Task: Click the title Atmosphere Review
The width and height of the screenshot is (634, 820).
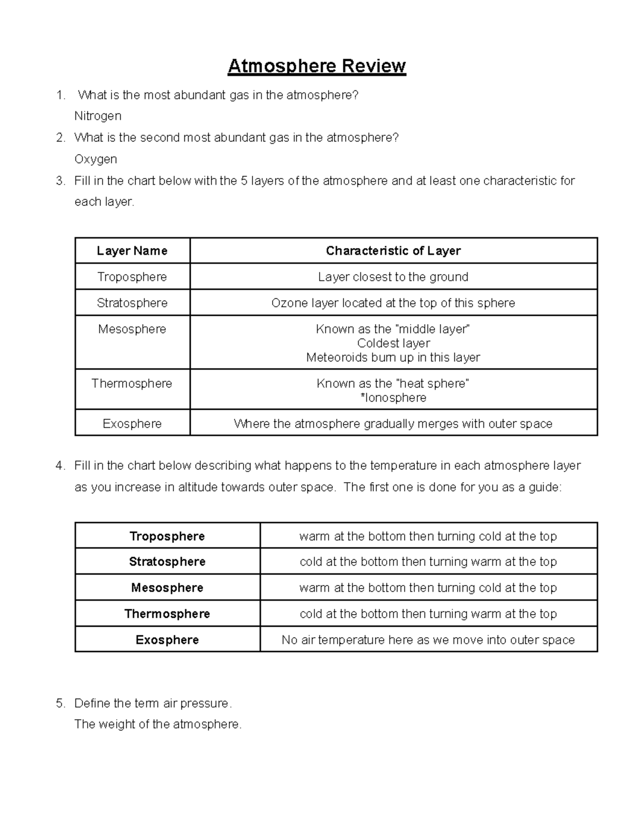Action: click(316, 66)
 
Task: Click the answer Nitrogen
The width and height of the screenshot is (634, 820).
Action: click(98, 116)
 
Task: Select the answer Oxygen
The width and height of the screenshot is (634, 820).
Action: click(96, 159)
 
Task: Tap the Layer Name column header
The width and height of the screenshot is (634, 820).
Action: click(132, 251)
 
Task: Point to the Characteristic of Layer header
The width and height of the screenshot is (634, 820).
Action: click(393, 251)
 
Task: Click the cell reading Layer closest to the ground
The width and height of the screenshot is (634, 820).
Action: click(393, 277)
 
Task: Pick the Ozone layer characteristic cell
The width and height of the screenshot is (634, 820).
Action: click(393, 303)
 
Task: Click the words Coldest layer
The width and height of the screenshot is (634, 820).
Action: click(393, 343)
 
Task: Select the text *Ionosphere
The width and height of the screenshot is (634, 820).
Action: click(393, 398)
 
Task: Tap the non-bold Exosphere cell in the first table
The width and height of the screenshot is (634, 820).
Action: click(132, 423)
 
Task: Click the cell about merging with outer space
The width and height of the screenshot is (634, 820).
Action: click(393, 423)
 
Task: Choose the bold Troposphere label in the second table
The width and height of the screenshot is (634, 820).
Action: click(167, 536)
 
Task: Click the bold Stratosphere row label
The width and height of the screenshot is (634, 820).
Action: click(167, 562)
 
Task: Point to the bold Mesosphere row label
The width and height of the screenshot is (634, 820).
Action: click(167, 588)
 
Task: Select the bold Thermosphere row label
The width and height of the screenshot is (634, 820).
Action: click(167, 614)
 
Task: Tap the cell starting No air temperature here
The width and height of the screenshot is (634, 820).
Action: click(428, 640)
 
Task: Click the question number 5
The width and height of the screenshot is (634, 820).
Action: click(60, 703)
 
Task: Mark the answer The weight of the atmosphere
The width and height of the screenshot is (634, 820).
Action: click(158, 724)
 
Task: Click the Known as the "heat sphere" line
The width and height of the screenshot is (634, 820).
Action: click(393, 383)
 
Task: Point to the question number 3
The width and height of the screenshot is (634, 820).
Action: click(60, 181)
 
